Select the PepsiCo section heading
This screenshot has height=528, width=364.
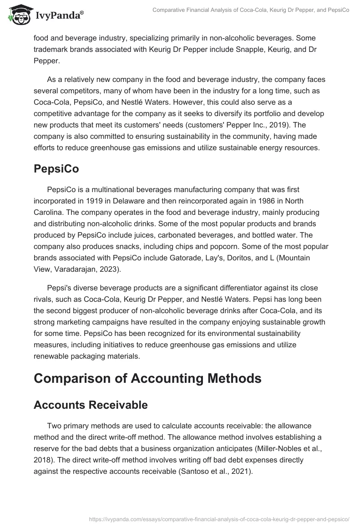click(x=57, y=169)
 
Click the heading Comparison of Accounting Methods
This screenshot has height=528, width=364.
click(x=147, y=378)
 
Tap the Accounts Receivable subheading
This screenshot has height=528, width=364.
click(x=91, y=405)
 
